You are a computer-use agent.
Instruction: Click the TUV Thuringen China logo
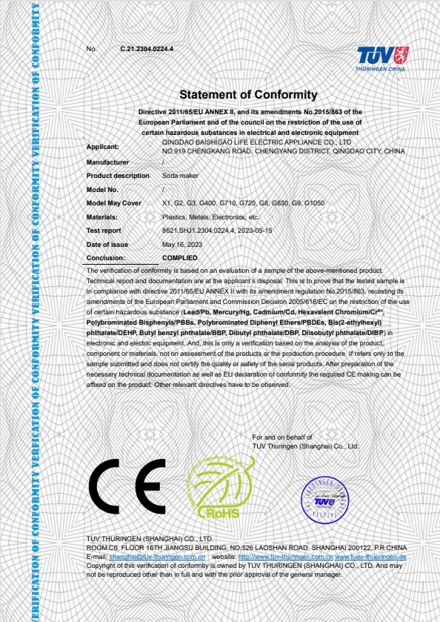(x=381, y=57)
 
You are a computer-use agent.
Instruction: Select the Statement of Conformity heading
(x=248, y=95)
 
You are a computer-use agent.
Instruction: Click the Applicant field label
(x=102, y=147)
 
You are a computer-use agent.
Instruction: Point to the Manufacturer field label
(x=108, y=162)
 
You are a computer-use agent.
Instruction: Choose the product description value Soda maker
(x=178, y=176)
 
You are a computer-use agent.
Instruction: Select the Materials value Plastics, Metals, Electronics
(x=210, y=217)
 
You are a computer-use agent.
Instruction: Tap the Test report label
(x=104, y=231)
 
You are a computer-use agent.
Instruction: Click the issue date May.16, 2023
(x=181, y=245)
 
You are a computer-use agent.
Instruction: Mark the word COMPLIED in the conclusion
(x=179, y=258)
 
